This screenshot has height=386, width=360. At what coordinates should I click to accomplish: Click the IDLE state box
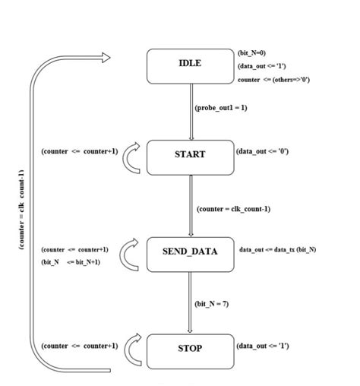coord(190,65)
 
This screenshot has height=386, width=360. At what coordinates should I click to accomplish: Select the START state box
coord(190,157)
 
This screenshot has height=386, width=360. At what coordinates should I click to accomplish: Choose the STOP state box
coord(190,350)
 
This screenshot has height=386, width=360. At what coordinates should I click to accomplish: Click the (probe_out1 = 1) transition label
coord(221,108)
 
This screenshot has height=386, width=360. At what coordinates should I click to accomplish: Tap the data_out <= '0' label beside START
coord(262,151)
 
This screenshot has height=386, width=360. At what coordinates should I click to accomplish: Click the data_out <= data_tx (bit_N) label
coord(277,249)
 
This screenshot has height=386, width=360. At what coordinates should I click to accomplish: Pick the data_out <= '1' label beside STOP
coord(262,346)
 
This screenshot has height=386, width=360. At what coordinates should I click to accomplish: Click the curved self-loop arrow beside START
coord(132,156)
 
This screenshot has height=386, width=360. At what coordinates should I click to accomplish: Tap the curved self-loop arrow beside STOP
coord(132,350)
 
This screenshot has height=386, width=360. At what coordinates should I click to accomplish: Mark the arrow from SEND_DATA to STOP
coord(190,304)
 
